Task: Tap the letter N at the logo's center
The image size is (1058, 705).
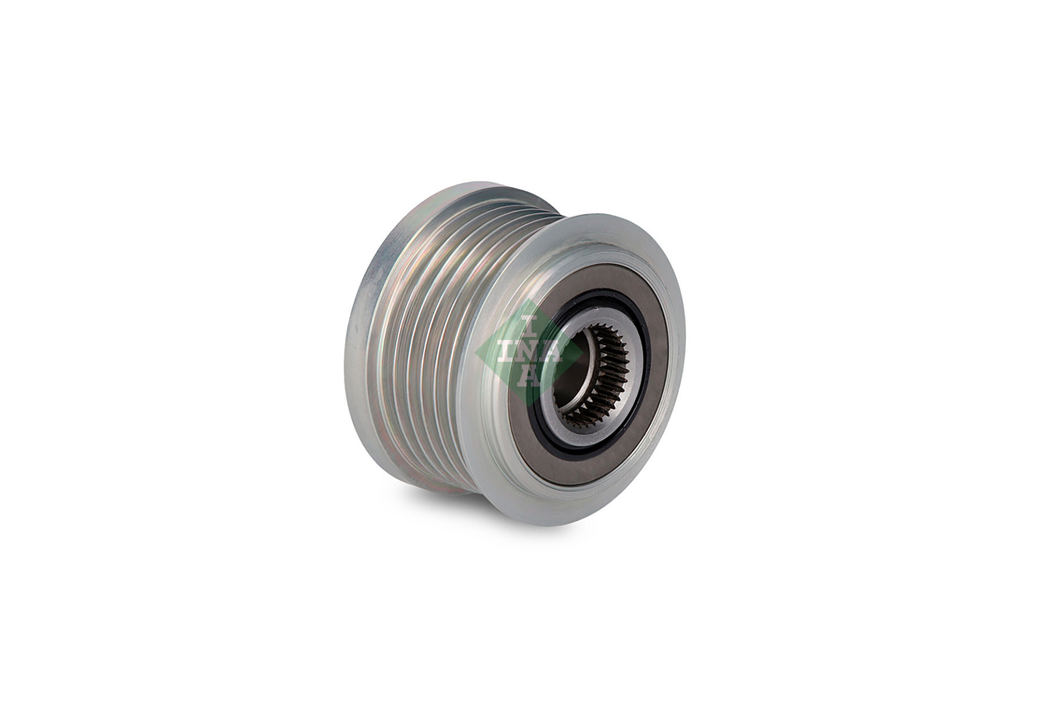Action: pyautogui.click(x=528, y=352)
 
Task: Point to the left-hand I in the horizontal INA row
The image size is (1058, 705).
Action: pyautogui.click(x=504, y=352)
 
